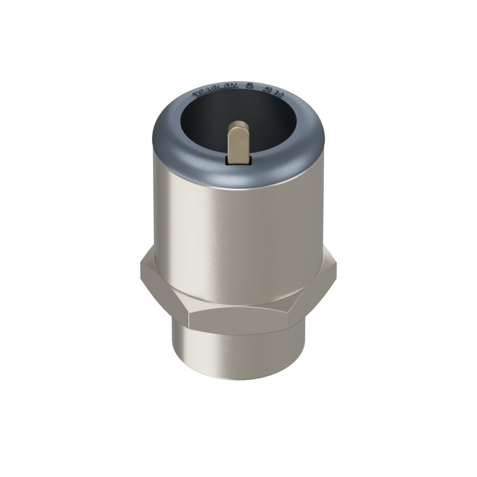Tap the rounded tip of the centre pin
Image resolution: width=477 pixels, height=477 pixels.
(x=239, y=125)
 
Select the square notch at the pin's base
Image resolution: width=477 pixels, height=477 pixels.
(x=239, y=160)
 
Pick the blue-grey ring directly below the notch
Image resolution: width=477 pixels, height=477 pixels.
(x=239, y=176)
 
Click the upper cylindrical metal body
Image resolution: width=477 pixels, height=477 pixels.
(x=238, y=238)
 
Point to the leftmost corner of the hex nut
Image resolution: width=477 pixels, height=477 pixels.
(x=141, y=271)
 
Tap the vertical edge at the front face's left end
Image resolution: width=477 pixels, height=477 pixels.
(x=187, y=319)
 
